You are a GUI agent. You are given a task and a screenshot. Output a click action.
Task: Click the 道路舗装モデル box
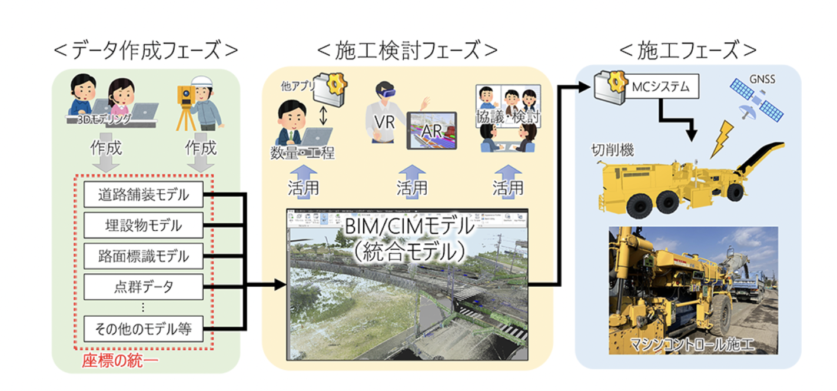point(144,195)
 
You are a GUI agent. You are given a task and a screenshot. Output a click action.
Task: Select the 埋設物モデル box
point(144,226)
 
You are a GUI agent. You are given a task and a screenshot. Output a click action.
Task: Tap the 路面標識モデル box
point(144,256)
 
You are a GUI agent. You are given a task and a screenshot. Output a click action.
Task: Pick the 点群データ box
point(144,287)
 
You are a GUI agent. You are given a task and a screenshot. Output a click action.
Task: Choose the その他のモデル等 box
point(144,329)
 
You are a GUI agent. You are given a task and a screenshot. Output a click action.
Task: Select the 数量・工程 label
point(303,154)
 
